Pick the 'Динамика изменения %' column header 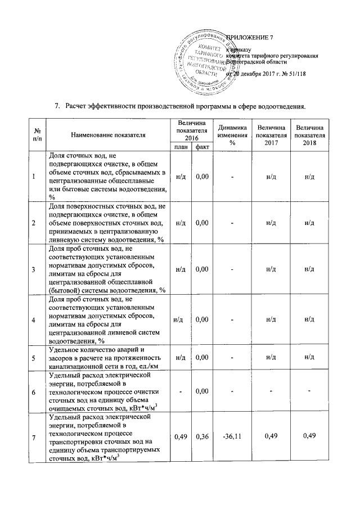(x=232, y=135)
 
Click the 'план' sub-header (x=180, y=147)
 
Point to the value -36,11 (x=232, y=435)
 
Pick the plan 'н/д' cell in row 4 (x=179, y=319)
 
